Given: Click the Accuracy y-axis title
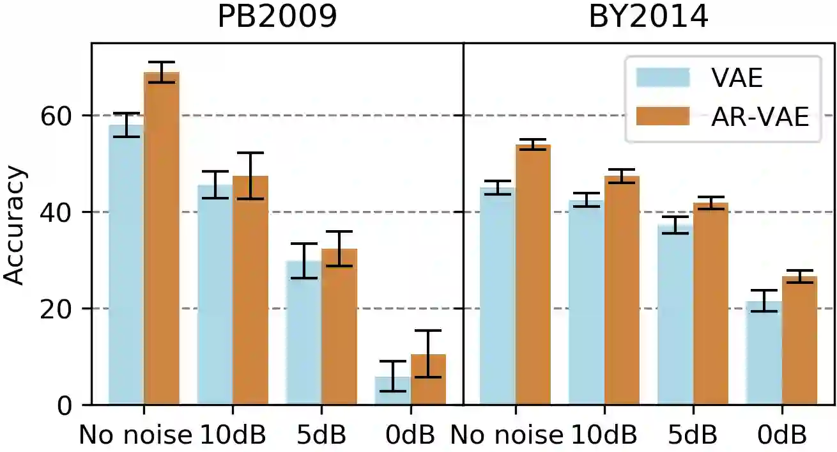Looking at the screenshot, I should point(14,225).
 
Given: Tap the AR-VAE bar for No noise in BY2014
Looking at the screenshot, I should point(533,275).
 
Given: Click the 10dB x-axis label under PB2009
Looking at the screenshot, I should point(233,435).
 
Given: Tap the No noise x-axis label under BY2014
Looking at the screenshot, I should point(506,435).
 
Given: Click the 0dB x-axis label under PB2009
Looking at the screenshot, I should point(411,435).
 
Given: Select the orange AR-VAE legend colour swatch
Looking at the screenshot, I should point(663,117).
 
